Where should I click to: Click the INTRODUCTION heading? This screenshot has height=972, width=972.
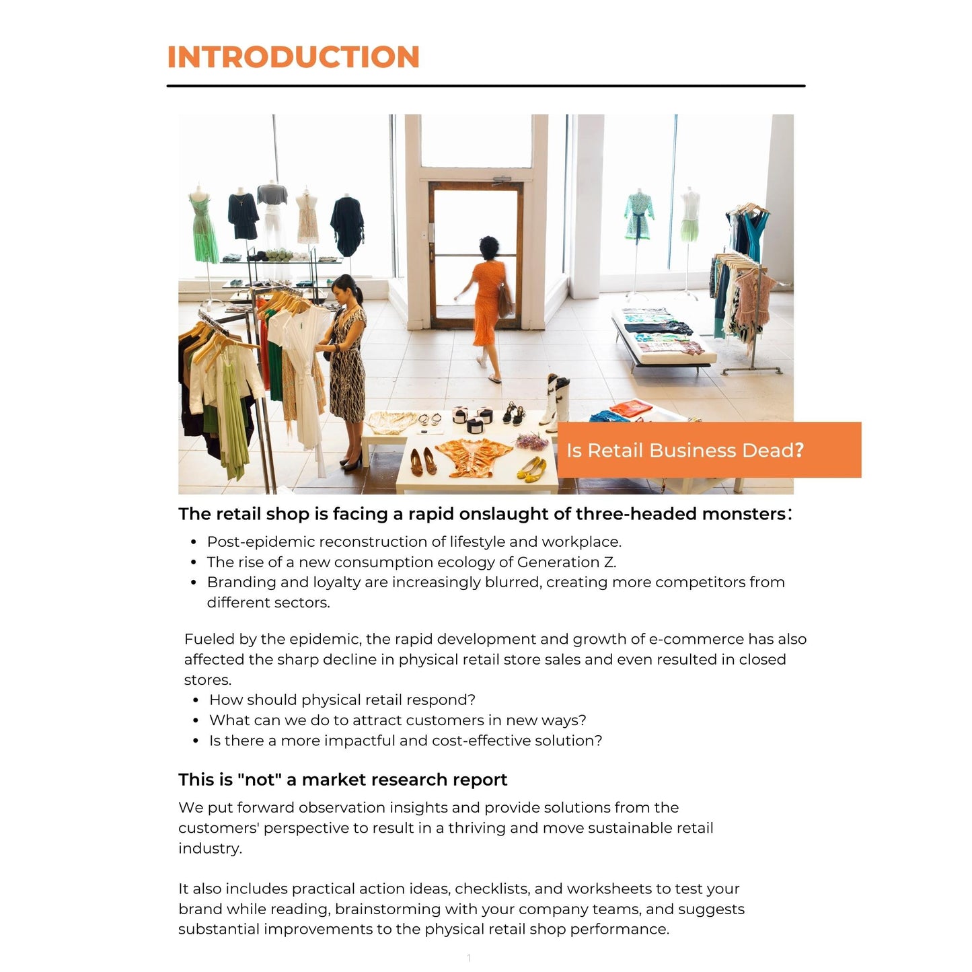tap(293, 57)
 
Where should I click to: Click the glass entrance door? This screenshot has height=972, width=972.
tap(476, 256)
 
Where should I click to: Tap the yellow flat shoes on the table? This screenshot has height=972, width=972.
tap(531, 467)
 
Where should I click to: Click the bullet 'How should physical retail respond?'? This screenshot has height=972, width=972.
tap(342, 700)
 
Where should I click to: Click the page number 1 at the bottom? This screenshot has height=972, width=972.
tap(469, 958)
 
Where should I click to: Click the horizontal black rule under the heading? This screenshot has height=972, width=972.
tap(486, 86)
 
